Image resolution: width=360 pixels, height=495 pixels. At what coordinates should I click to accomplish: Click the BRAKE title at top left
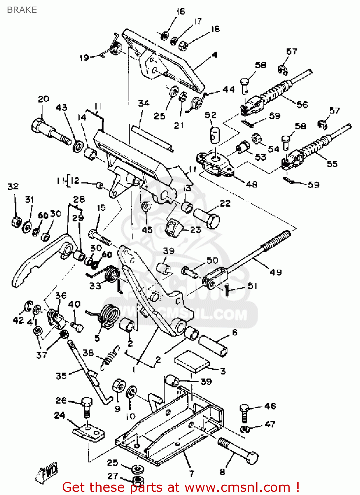point(22,10)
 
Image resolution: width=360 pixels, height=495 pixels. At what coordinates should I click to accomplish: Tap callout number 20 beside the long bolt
point(44,99)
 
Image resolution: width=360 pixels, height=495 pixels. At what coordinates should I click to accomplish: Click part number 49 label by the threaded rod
point(276,272)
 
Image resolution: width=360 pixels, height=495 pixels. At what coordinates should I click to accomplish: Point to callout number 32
point(13,186)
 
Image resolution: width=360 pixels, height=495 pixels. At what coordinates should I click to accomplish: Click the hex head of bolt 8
point(252,458)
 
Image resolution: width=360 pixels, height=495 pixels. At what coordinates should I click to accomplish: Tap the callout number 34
point(144,104)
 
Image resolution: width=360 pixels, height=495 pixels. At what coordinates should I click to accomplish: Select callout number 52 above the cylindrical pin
point(211,115)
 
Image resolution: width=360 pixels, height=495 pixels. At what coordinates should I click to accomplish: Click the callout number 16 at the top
point(181,12)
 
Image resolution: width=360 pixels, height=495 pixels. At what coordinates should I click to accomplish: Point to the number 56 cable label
point(302,105)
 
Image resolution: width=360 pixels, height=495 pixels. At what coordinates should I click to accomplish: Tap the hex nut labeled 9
point(119,385)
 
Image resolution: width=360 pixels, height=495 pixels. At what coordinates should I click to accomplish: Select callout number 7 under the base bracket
point(192,474)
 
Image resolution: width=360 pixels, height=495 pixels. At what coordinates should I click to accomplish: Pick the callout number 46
point(270,406)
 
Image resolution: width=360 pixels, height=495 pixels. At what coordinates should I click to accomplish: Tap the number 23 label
point(195,230)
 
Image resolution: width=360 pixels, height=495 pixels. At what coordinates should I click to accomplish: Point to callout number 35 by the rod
point(61,376)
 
